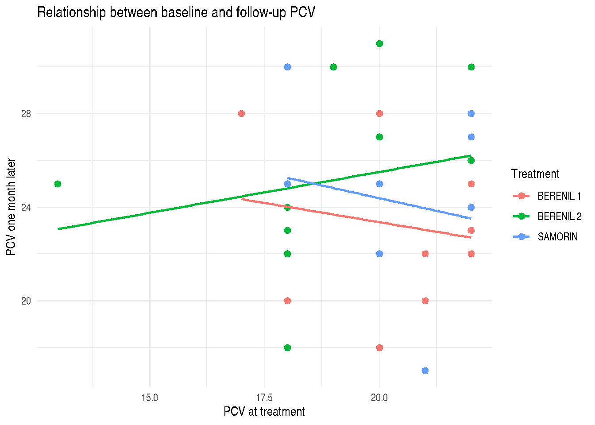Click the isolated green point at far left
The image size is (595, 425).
(x=58, y=184)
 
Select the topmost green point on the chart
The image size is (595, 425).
(x=379, y=43)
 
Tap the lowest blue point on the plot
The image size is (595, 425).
(x=425, y=371)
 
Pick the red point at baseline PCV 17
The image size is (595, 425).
(x=241, y=114)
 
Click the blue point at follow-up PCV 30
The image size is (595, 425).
(x=287, y=67)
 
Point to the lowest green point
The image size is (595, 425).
(x=287, y=348)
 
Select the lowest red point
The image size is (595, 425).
(x=379, y=348)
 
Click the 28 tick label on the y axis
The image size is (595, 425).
(x=26, y=114)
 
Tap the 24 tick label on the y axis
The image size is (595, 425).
(x=26, y=208)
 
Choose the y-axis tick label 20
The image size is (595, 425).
(x=26, y=301)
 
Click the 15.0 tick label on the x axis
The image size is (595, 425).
(x=150, y=398)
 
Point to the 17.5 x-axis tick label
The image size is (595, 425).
(x=264, y=398)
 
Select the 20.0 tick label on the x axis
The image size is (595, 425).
(x=379, y=398)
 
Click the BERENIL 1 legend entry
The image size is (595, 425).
(x=547, y=196)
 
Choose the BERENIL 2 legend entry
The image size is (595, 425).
(x=548, y=216)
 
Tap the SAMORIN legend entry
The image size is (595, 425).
(x=545, y=237)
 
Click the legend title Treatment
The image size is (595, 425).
(x=535, y=174)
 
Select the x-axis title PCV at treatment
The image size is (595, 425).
(x=264, y=411)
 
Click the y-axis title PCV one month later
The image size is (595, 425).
(x=11, y=207)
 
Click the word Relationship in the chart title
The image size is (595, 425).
(x=71, y=12)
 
